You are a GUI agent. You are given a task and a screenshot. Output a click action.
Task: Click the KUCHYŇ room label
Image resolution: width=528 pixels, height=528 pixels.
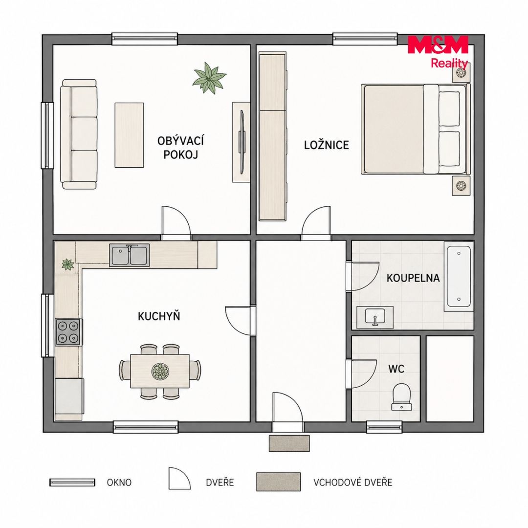pos(159,316)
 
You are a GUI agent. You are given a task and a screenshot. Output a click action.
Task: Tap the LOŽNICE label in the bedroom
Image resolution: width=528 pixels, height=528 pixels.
pos(326,145)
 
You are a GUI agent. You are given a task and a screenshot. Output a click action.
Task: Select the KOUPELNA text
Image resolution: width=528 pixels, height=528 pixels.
pos(413,278)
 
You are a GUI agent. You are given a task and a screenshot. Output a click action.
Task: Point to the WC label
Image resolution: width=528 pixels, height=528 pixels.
pos(396,369)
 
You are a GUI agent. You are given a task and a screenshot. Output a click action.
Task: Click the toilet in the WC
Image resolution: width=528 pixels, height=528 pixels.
pos(401,396)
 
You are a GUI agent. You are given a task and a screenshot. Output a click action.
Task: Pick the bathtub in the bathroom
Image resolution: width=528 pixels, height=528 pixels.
pos(459,276)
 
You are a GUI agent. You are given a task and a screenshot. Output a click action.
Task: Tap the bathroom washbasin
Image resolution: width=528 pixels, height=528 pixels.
pos(375,317)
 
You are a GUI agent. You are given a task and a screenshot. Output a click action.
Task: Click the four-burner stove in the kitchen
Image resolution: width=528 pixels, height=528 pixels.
pos(69,332)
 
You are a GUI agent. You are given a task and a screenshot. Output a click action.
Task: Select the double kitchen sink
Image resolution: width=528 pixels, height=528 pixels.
pos(129,256)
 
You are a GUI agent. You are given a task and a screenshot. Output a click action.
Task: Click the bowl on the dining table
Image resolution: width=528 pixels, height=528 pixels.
pos(160,371)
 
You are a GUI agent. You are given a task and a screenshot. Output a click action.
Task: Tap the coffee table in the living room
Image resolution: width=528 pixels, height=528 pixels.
pos(129,135)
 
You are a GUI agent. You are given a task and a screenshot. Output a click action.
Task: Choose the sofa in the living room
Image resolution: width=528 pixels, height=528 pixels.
pos(79,134)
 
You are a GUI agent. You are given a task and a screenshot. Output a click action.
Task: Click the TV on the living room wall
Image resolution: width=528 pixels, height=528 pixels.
pos(242,142)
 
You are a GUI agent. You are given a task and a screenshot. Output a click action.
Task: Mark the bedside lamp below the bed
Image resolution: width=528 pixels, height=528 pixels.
pos(461,186)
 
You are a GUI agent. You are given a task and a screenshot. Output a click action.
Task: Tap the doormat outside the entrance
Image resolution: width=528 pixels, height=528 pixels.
pos(289,443)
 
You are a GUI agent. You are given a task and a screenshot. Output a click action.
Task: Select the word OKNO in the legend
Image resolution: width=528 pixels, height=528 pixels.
pos(119,482)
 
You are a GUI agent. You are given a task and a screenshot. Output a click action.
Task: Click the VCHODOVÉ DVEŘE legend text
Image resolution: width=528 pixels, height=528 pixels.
pos(353,482)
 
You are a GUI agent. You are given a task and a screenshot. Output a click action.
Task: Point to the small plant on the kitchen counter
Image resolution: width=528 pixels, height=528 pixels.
pos(68,264)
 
